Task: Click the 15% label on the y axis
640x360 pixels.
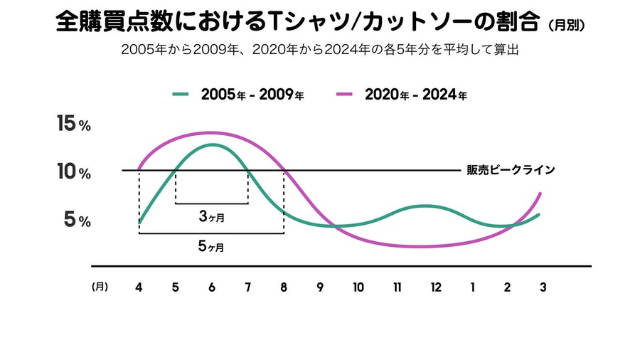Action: [x=73, y=124]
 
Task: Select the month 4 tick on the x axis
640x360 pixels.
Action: [x=138, y=287]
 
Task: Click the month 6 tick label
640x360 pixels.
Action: [x=212, y=287]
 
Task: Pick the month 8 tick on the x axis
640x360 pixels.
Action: [x=284, y=287]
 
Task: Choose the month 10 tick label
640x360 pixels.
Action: [x=358, y=287]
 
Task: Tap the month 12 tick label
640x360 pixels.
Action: [x=435, y=287]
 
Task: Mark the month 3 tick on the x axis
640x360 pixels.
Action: [x=543, y=287]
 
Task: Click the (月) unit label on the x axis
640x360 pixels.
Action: [x=100, y=287]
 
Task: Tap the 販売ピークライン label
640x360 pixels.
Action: [x=510, y=170]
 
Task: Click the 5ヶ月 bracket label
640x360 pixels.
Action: [x=211, y=247]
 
